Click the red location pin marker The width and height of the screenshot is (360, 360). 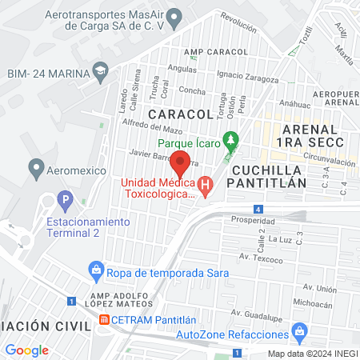click(x=180, y=162)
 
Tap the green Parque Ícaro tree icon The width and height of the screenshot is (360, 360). click(x=232, y=140)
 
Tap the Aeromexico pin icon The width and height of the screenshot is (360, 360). click(x=35, y=168)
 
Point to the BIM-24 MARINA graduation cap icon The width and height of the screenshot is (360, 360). click(x=100, y=72)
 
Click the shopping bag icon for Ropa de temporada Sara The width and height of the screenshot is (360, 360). click(x=95, y=272)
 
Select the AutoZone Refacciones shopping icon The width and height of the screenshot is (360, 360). click(x=300, y=330)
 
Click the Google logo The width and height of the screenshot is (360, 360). click(x=27, y=350)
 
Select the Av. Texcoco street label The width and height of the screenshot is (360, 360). click(x=261, y=260)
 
